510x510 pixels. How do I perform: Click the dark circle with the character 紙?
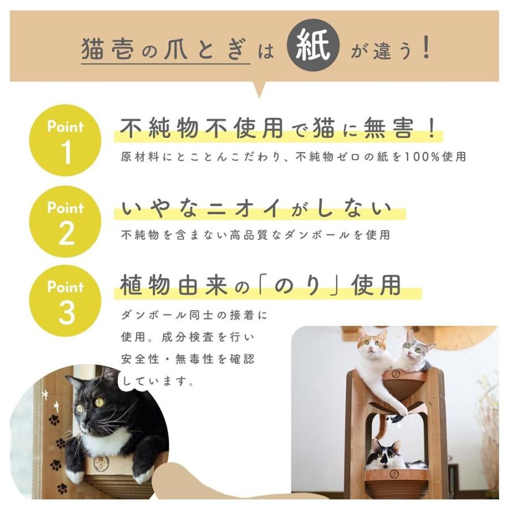point(313,50)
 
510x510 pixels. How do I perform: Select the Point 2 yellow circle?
point(66,222)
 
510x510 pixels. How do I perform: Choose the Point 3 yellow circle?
point(66,301)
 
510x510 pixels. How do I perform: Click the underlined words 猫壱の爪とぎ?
point(165,50)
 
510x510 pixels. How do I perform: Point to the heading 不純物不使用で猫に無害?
point(279,129)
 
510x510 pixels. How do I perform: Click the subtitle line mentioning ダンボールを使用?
point(256,235)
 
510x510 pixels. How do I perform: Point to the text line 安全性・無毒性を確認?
point(188,359)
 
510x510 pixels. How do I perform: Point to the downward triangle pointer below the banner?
point(260,90)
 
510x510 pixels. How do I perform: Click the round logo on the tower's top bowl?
point(395,374)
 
